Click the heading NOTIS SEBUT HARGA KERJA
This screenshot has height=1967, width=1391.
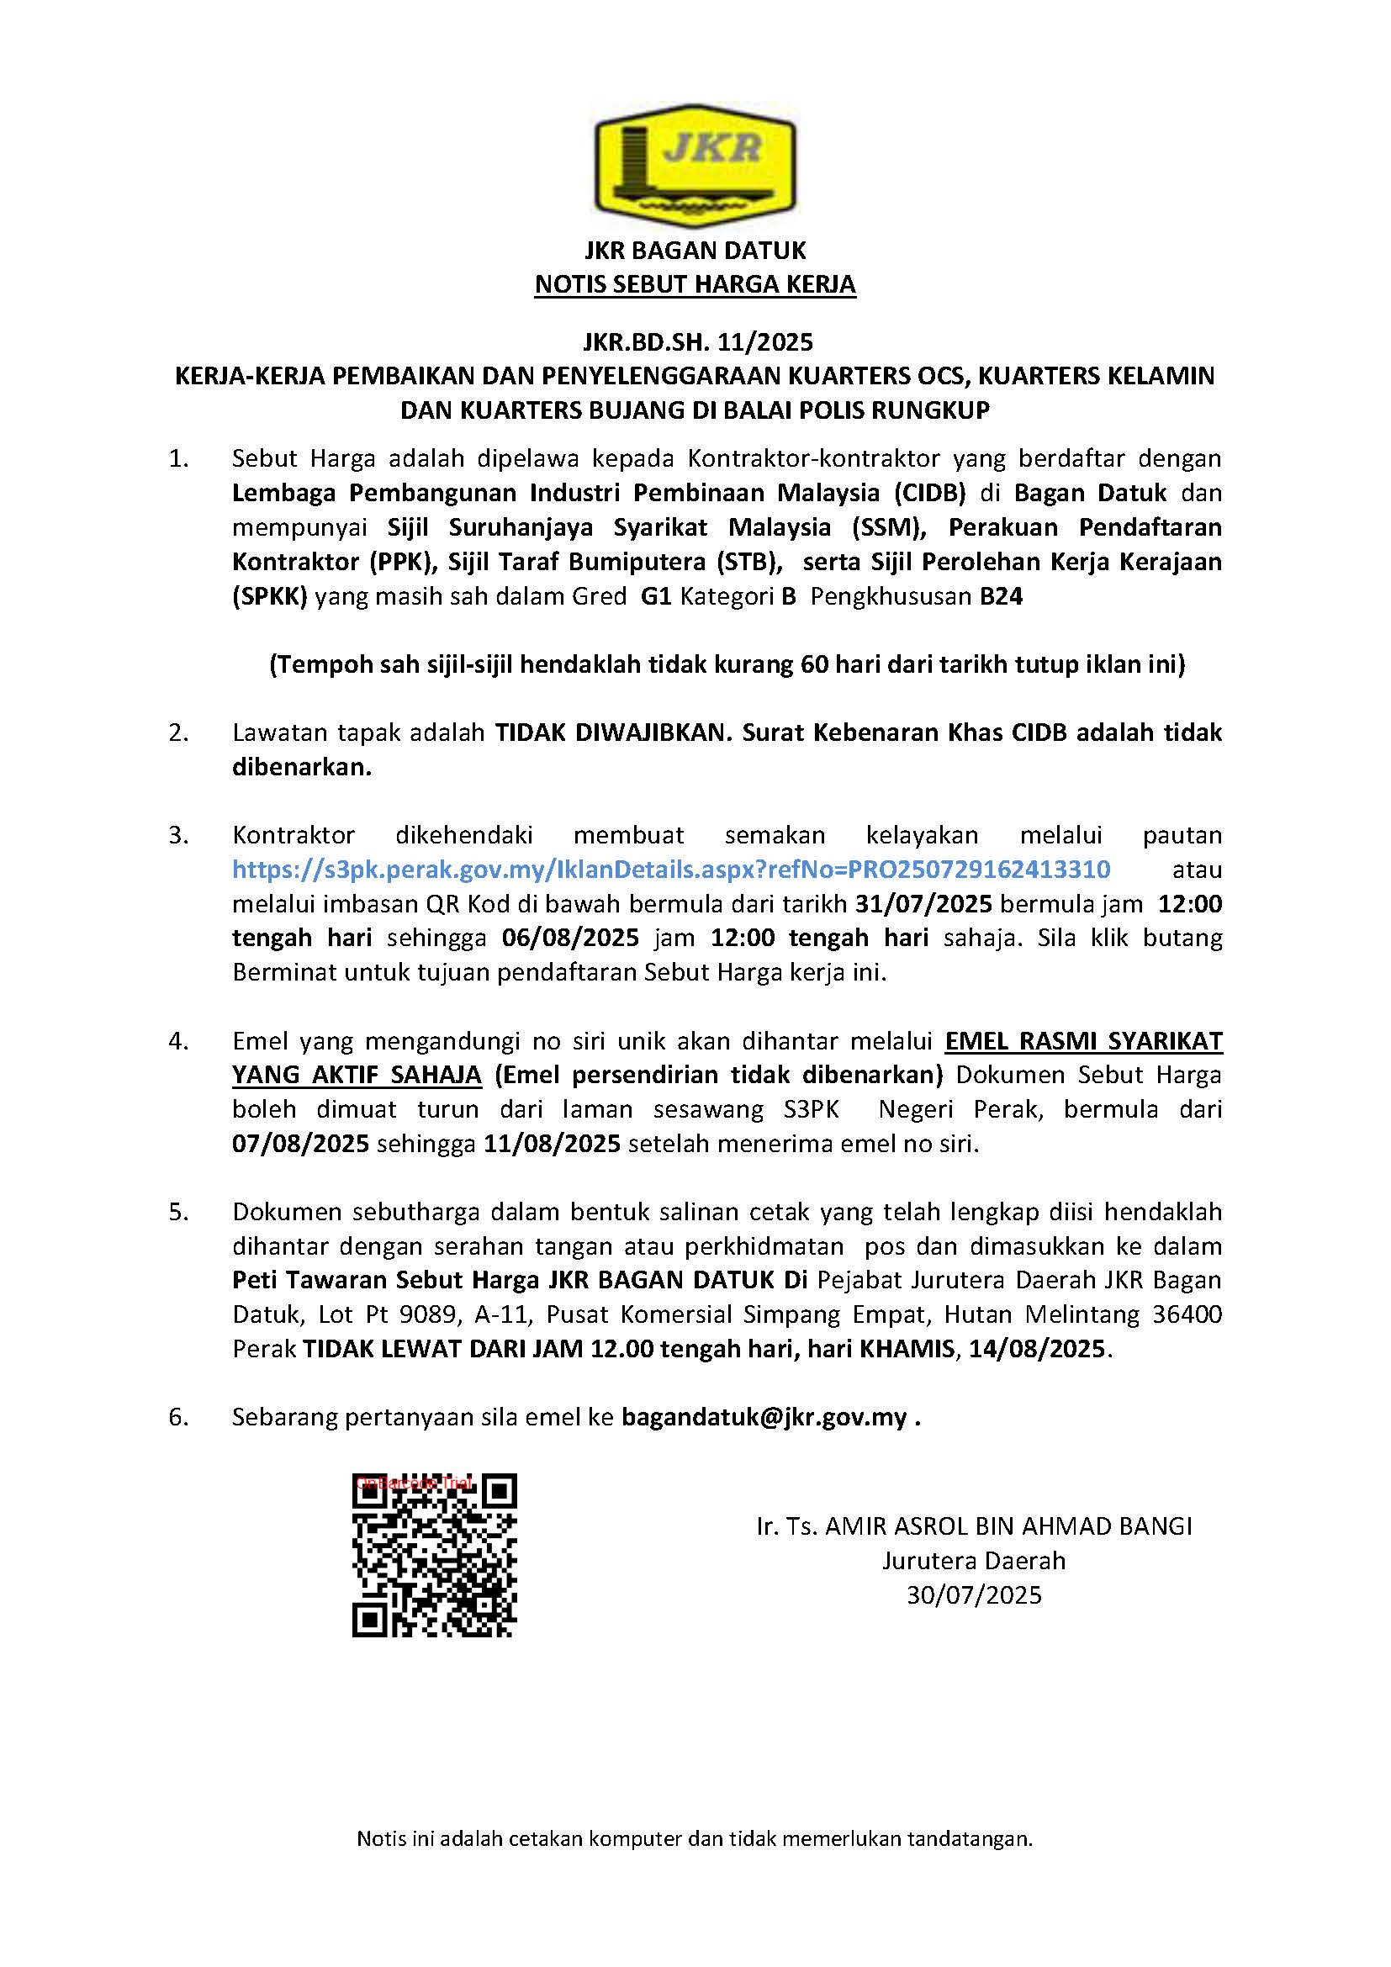click(695, 284)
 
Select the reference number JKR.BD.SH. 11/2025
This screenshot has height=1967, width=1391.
click(697, 342)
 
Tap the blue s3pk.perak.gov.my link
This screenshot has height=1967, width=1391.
click(671, 870)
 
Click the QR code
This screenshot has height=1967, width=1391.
click(434, 1555)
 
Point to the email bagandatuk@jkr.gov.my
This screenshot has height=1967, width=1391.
click(764, 1418)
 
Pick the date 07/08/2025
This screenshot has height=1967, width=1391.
click(300, 1144)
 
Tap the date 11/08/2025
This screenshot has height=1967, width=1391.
click(553, 1144)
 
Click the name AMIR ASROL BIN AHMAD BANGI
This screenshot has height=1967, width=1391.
click(1008, 1525)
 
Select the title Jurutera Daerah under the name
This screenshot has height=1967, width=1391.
click(975, 1560)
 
